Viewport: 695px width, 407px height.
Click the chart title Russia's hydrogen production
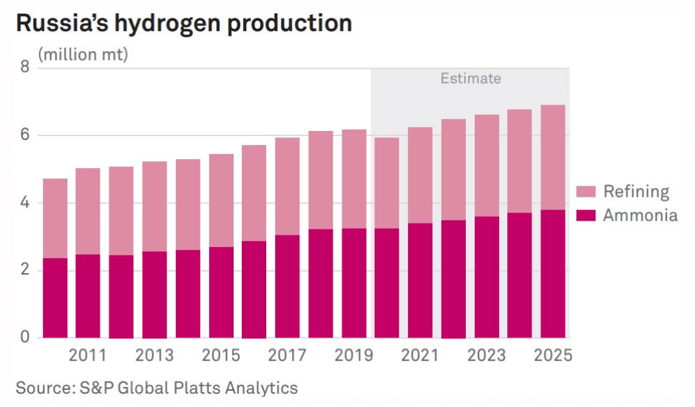point(183,23)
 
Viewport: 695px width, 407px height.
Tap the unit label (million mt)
point(83,54)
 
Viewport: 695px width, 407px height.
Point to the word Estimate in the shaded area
point(470,78)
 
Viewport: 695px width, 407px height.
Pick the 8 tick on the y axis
point(24,68)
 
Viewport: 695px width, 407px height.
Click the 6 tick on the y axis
point(24,135)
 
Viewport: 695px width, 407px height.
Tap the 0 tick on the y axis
point(24,337)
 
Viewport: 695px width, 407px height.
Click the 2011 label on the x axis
point(88,355)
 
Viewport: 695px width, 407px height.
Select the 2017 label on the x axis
point(288,355)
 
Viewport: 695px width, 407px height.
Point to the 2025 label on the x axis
point(553,355)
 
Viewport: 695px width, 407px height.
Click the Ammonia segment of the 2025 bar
point(553,274)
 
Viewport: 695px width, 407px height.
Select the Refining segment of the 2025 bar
point(553,158)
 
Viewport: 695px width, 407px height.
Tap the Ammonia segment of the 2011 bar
point(88,296)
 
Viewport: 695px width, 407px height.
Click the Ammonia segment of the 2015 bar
point(221,292)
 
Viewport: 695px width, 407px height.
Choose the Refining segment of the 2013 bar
point(155,206)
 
